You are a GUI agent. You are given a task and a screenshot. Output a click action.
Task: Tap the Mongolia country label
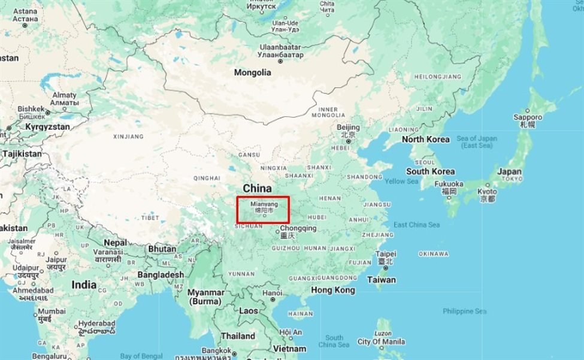click(252, 72)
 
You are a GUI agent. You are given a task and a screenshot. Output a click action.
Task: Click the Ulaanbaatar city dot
click(280, 61)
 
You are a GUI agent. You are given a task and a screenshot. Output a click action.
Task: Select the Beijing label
click(348, 128)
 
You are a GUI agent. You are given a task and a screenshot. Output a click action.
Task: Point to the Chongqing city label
click(298, 228)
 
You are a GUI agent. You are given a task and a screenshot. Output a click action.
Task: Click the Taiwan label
click(381, 280)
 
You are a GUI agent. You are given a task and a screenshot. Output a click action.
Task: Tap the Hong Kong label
click(333, 290)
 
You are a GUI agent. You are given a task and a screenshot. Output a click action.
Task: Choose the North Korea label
click(425, 139)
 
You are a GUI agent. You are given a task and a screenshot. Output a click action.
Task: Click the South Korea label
click(430, 171)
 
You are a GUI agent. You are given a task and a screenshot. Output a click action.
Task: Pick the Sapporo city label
click(527, 117)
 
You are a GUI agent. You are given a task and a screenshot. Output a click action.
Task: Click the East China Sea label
click(416, 225)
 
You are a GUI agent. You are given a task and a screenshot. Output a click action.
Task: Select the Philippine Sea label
click(464, 311)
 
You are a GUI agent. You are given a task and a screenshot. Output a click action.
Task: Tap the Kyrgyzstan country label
click(47, 127)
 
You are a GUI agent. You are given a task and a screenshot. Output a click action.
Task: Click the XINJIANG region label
click(128, 137)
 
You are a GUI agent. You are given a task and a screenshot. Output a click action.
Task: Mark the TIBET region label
click(150, 217)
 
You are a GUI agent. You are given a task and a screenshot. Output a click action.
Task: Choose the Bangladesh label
click(161, 274)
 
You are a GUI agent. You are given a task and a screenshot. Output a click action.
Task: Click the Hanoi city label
click(273, 293)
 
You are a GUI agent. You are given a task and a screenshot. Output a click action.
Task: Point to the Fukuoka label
click(449, 184)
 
